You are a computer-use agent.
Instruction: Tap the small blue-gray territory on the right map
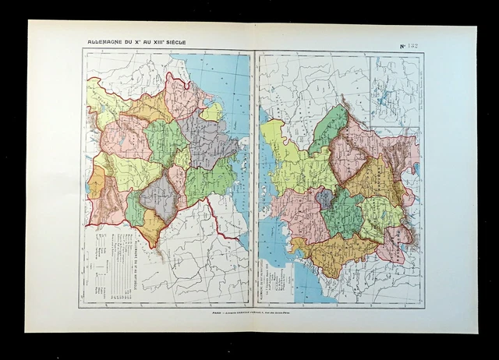324,199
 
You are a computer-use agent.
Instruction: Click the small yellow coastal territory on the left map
212,111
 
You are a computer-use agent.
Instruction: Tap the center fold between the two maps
254,179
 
